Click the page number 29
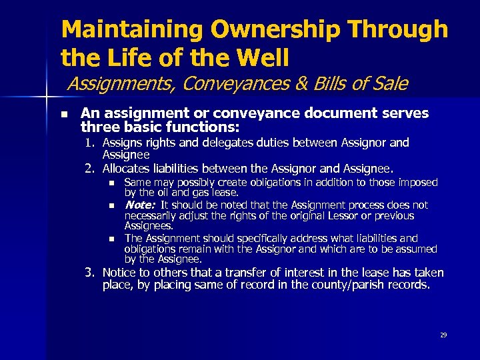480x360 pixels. (443, 335)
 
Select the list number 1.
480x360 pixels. (88, 143)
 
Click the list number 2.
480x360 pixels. (88, 167)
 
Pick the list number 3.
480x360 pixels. (88, 273)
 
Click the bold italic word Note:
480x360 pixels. (140, 205)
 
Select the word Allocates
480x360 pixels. (126, 167)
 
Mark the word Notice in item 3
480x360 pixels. (119, 273)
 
